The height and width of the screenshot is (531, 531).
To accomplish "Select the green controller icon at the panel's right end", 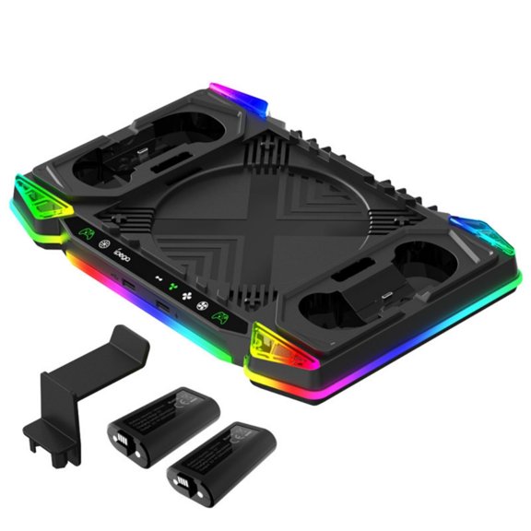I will pos(222,318).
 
